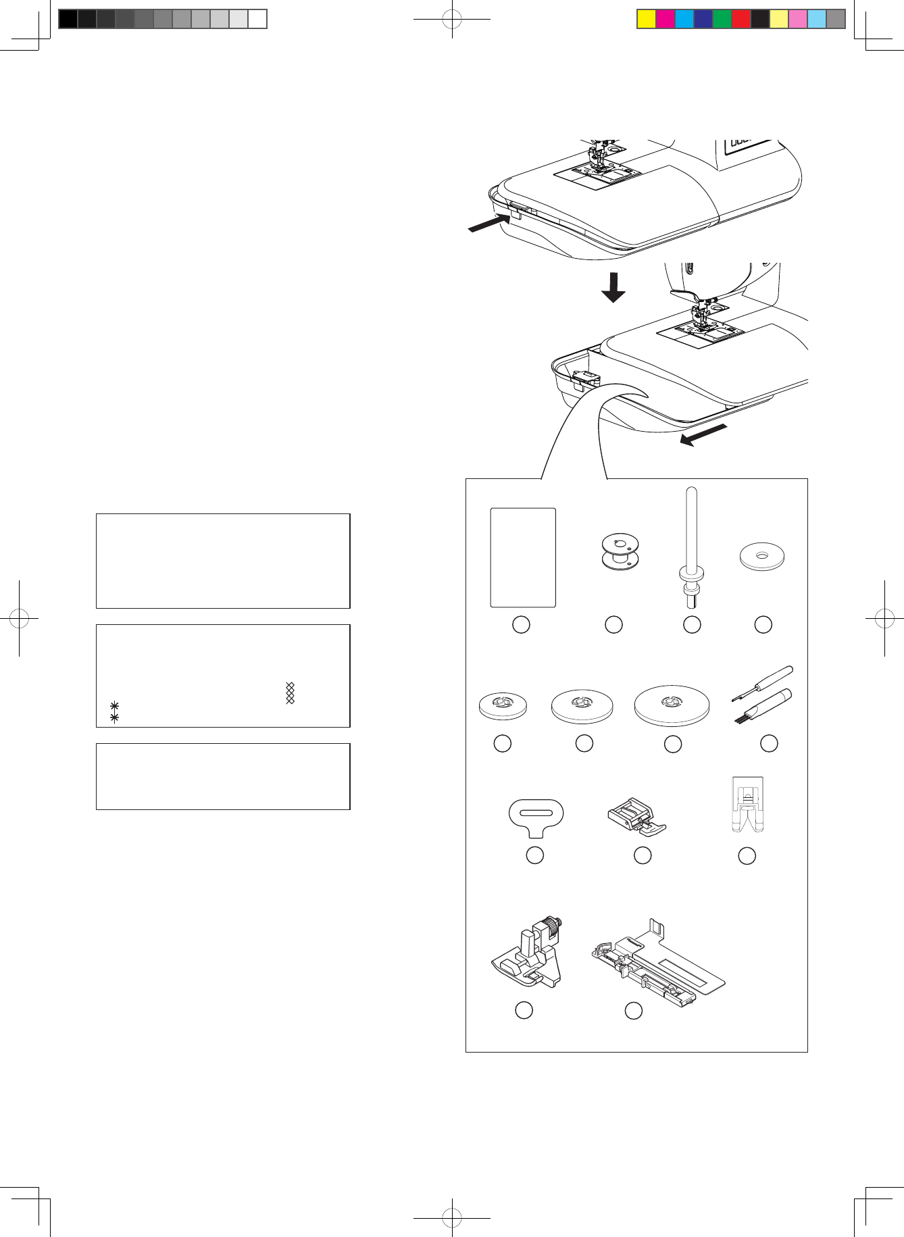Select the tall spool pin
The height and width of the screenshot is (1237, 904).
click(691, 540)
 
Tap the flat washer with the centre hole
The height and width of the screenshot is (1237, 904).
click(762, 557)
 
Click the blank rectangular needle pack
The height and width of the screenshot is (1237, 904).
click(522, 558)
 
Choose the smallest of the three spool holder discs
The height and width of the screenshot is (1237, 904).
click(503, 705)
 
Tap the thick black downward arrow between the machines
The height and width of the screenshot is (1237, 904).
click(613, 287)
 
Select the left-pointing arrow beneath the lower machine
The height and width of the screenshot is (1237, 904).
click(703, 435)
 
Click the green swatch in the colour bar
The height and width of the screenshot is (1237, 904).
click(722, 19)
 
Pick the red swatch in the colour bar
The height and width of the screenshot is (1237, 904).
click(741, 19)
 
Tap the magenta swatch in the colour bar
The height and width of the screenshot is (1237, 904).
click(666, 19)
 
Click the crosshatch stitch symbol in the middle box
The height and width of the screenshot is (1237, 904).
click(291, 693)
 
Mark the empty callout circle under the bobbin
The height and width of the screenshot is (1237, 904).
click(613, 625)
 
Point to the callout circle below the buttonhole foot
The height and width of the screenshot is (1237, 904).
click(633, 1011)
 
